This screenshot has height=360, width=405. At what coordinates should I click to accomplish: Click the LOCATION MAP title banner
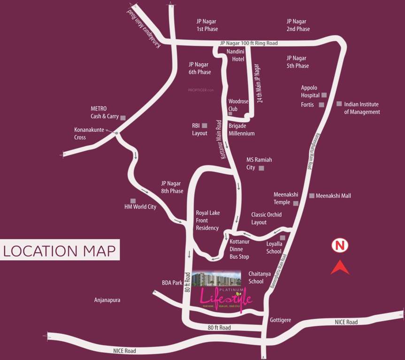pyautogui.click(x=60, y=250)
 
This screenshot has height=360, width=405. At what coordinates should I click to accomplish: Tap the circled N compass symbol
pyautogui.click(x=339, y=245)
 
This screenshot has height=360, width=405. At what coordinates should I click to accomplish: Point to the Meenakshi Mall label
pyautogui.click(x=333, y=195)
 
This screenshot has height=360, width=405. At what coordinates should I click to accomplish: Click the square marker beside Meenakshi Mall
pyautogui.click(x=312, y=195)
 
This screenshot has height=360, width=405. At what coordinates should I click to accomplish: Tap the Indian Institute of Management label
pyautogui.click(x=362, y=108)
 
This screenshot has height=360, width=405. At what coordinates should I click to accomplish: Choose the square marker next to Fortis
pyautogui.click(x=321, y=105)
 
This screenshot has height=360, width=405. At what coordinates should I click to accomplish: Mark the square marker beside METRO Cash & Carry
pyautogui.click(x=123, y=118)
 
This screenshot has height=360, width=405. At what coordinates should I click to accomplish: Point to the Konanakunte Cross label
pyautogui.click(x=86, y=134)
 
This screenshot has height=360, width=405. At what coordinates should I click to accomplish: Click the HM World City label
pyautogui.click(x=140, y=207)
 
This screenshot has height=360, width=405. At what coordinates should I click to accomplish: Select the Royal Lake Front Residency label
pyautogui.click(x=207, y=220)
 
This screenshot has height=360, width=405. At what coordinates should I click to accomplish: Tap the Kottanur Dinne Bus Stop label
pyautogui.click(x=239, y=249)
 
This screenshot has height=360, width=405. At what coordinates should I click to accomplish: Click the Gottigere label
pyautogui.click(x=281, y=320)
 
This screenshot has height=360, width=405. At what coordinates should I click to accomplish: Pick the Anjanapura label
pyautogui.click(x=107, y=300)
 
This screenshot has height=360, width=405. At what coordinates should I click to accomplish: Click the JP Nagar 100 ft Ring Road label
pyautogui.click(x=249, y=43)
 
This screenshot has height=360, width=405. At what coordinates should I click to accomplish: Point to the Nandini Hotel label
pyautogui.click(x=236, y=55)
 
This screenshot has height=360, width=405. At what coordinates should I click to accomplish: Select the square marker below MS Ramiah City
pyautogui.click(x=261, y=168)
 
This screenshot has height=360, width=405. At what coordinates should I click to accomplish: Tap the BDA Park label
pyautogui.click(x=172, y=283)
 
